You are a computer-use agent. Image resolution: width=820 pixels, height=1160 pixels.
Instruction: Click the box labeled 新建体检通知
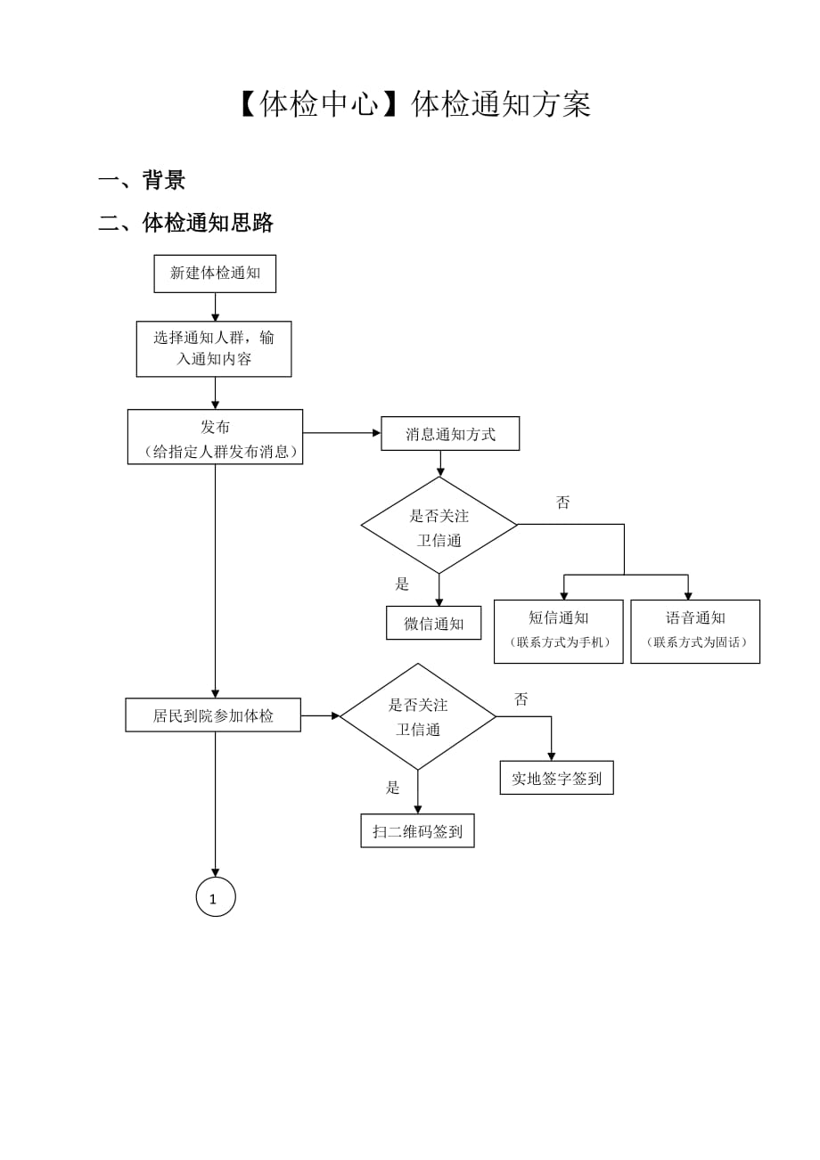click(x=215, y=274)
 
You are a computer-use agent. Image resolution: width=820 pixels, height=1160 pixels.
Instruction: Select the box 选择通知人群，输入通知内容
click(x=214, y=348)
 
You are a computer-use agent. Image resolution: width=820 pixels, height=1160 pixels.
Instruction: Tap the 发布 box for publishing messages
click(x=215, y=437)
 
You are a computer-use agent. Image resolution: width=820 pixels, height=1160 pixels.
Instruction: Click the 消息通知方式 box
click(x=450, y=434)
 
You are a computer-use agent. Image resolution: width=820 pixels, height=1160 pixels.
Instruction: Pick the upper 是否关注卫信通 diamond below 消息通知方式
click(x=439, y=526)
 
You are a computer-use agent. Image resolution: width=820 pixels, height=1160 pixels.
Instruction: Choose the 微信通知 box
click(x=434, y=623)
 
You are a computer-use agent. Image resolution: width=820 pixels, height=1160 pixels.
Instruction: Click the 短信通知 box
click(x=559, y=631)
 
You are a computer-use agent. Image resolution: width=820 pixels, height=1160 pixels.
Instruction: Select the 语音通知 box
click(x=695, y=631)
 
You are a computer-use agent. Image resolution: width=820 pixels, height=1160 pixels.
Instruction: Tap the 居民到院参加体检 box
click(x=213, y=715)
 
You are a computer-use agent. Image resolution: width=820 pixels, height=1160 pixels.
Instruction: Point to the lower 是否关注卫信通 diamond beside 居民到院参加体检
click(x=418, y=716)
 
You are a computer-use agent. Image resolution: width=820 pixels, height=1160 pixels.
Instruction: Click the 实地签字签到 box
click(x=556, y=778)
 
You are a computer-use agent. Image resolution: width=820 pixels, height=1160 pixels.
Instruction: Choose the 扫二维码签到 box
click(x=417, y=830)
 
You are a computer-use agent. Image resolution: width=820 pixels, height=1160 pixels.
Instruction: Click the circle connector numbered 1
click(x=216, y=897)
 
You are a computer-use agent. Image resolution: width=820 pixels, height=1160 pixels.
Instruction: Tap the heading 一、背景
click(x=142, y=180)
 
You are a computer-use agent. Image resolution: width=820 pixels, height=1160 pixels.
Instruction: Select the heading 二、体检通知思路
click(x=185, y=223)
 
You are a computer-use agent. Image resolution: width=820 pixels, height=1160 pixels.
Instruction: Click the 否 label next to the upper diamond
click(x=563, y=502)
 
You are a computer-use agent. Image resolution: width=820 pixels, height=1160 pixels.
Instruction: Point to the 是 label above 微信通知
click(x=402, y=584)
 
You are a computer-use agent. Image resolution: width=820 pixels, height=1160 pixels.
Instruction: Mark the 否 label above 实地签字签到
click(x=521, y=699)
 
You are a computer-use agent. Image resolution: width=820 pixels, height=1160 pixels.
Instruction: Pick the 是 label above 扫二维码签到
click(x=393, y=788)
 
